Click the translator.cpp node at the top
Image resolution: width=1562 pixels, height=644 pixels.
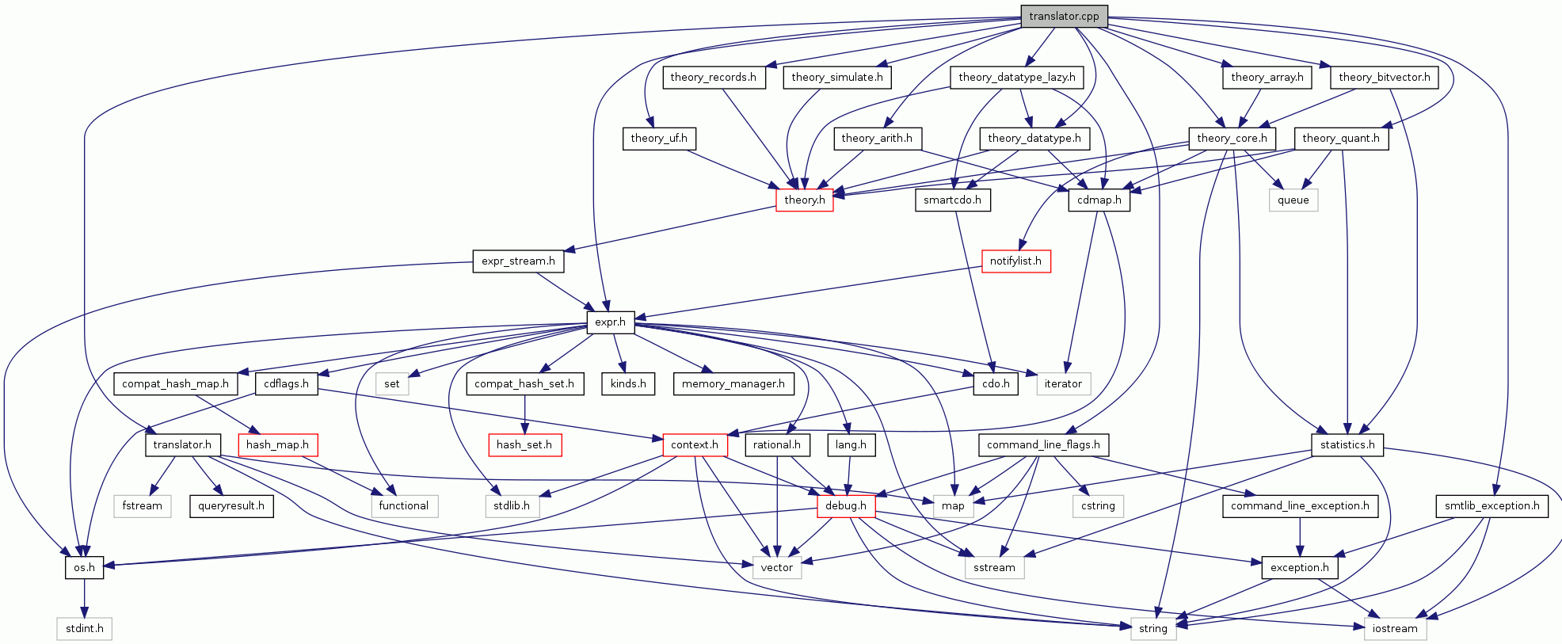(1064, 16)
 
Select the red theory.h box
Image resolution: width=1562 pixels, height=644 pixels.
(804, 200)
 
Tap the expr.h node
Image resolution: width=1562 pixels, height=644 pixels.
(610, 322)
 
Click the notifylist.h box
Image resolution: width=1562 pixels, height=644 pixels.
(1015, 261)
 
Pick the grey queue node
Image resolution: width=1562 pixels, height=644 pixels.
(1293, 200)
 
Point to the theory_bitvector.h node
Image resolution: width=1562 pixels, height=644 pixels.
(1384, 77)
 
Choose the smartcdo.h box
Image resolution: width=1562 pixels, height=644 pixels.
(952, 200)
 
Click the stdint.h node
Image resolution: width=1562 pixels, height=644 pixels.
(84, 628)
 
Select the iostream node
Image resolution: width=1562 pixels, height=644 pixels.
(1395, 628)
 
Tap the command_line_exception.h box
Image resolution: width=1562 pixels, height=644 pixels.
(1300, 505)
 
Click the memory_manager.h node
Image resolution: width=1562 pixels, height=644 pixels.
(733, 383)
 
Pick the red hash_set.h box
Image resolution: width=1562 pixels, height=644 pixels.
(524, 444)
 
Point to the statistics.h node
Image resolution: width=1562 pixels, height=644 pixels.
(1347, 444)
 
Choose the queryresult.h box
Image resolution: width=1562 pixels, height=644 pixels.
(231, 505)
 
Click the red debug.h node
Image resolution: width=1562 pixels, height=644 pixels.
(845, 505)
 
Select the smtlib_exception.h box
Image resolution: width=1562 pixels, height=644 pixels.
(1492, 505)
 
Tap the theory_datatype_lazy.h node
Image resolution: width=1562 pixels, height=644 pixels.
(1016, 77)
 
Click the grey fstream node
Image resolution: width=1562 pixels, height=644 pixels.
(143, 505)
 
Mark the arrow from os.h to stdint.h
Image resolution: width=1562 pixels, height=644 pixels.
(84, 598)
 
